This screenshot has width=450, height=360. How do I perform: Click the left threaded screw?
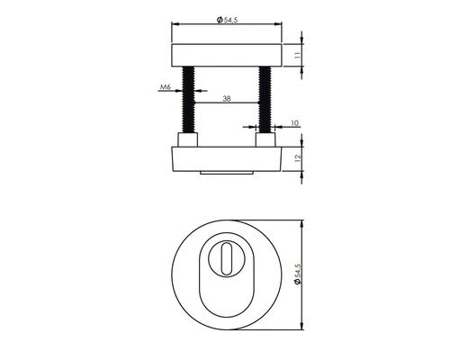pyautogui.click(x=190, y=100)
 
